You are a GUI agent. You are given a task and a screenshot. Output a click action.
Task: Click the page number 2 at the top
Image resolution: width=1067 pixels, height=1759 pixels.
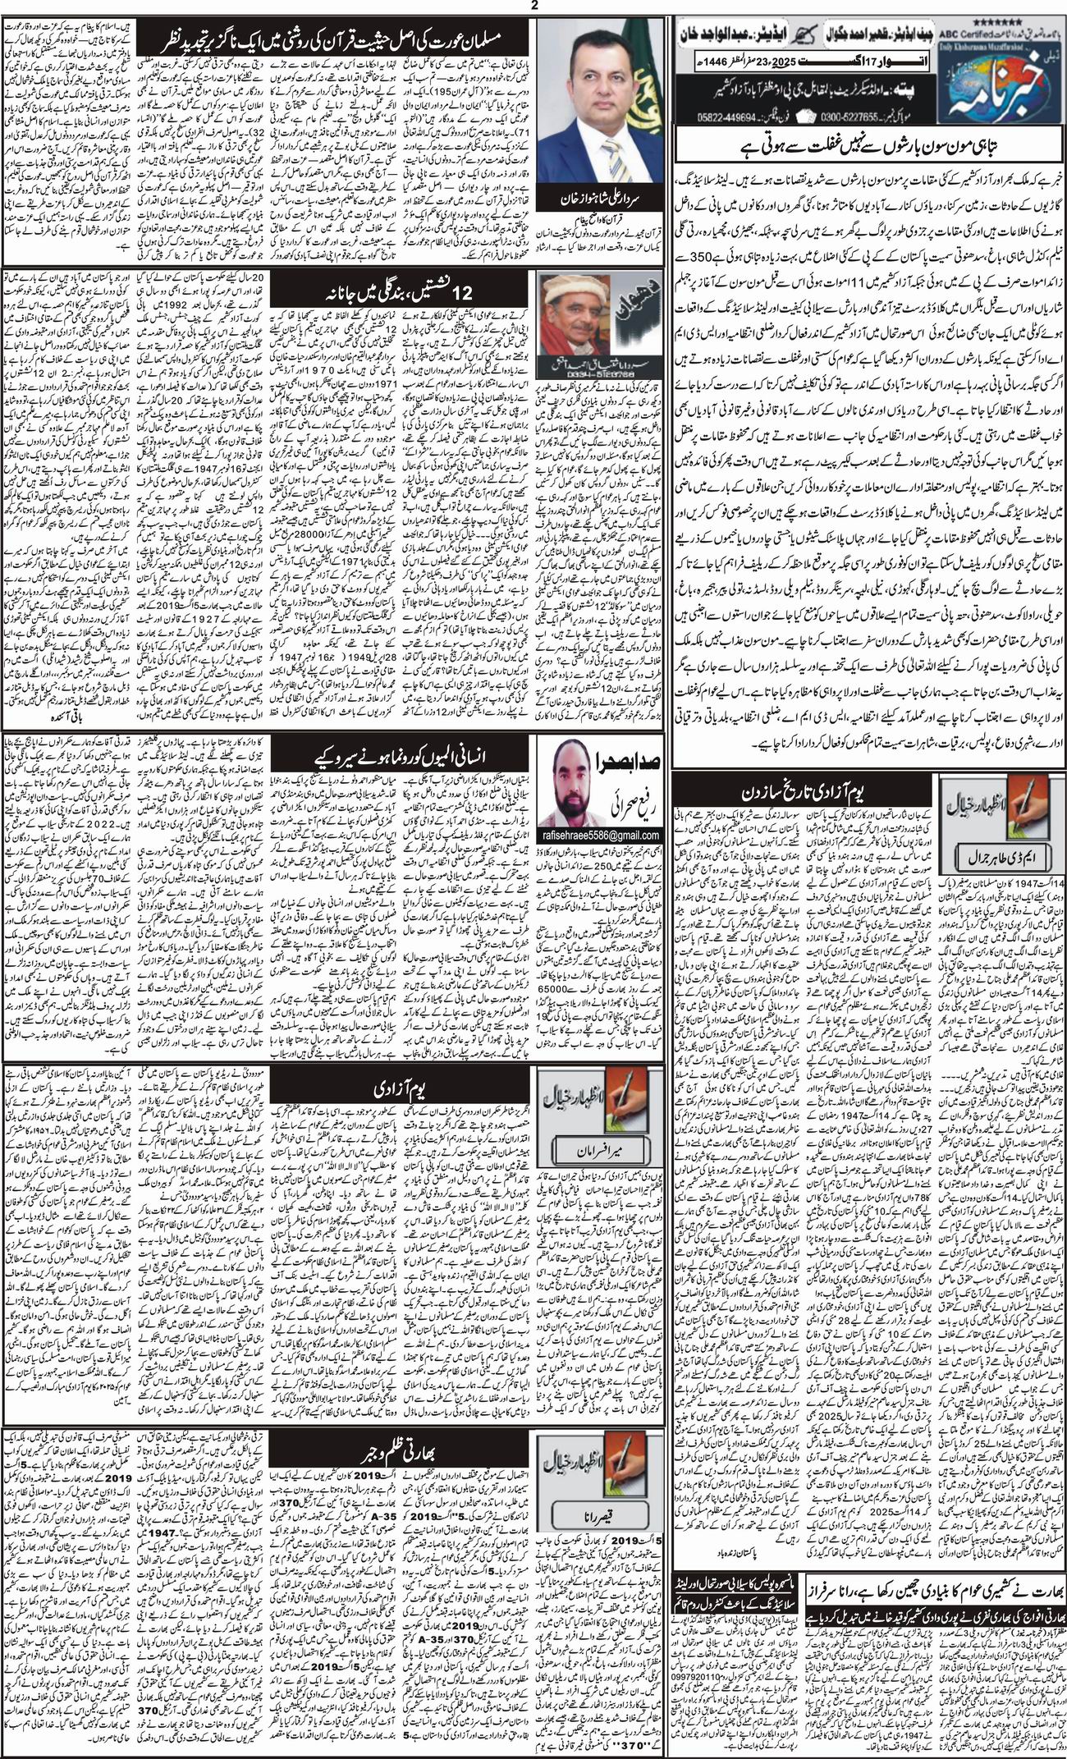pyautogui.click(x=533, y=7)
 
